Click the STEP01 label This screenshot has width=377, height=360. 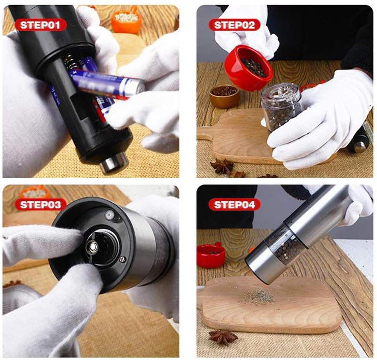(x=40, y=25)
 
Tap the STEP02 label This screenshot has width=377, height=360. (x=234, y=25)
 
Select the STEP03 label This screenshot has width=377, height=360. (x=40, y=205)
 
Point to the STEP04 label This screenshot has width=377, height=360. (x=234, y=205)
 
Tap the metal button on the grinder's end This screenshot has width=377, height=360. (x=113, y=162)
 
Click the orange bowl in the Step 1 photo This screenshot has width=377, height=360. (x=126, y=21)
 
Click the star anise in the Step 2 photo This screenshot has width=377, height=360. (x=222, y=166)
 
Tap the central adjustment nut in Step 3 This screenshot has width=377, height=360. (x=93, y=246)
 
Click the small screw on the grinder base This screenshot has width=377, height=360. (x=123, y=259)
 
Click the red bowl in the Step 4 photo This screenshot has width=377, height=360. (x=211, y=255)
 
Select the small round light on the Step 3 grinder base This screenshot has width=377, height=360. (x=110, y=214)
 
